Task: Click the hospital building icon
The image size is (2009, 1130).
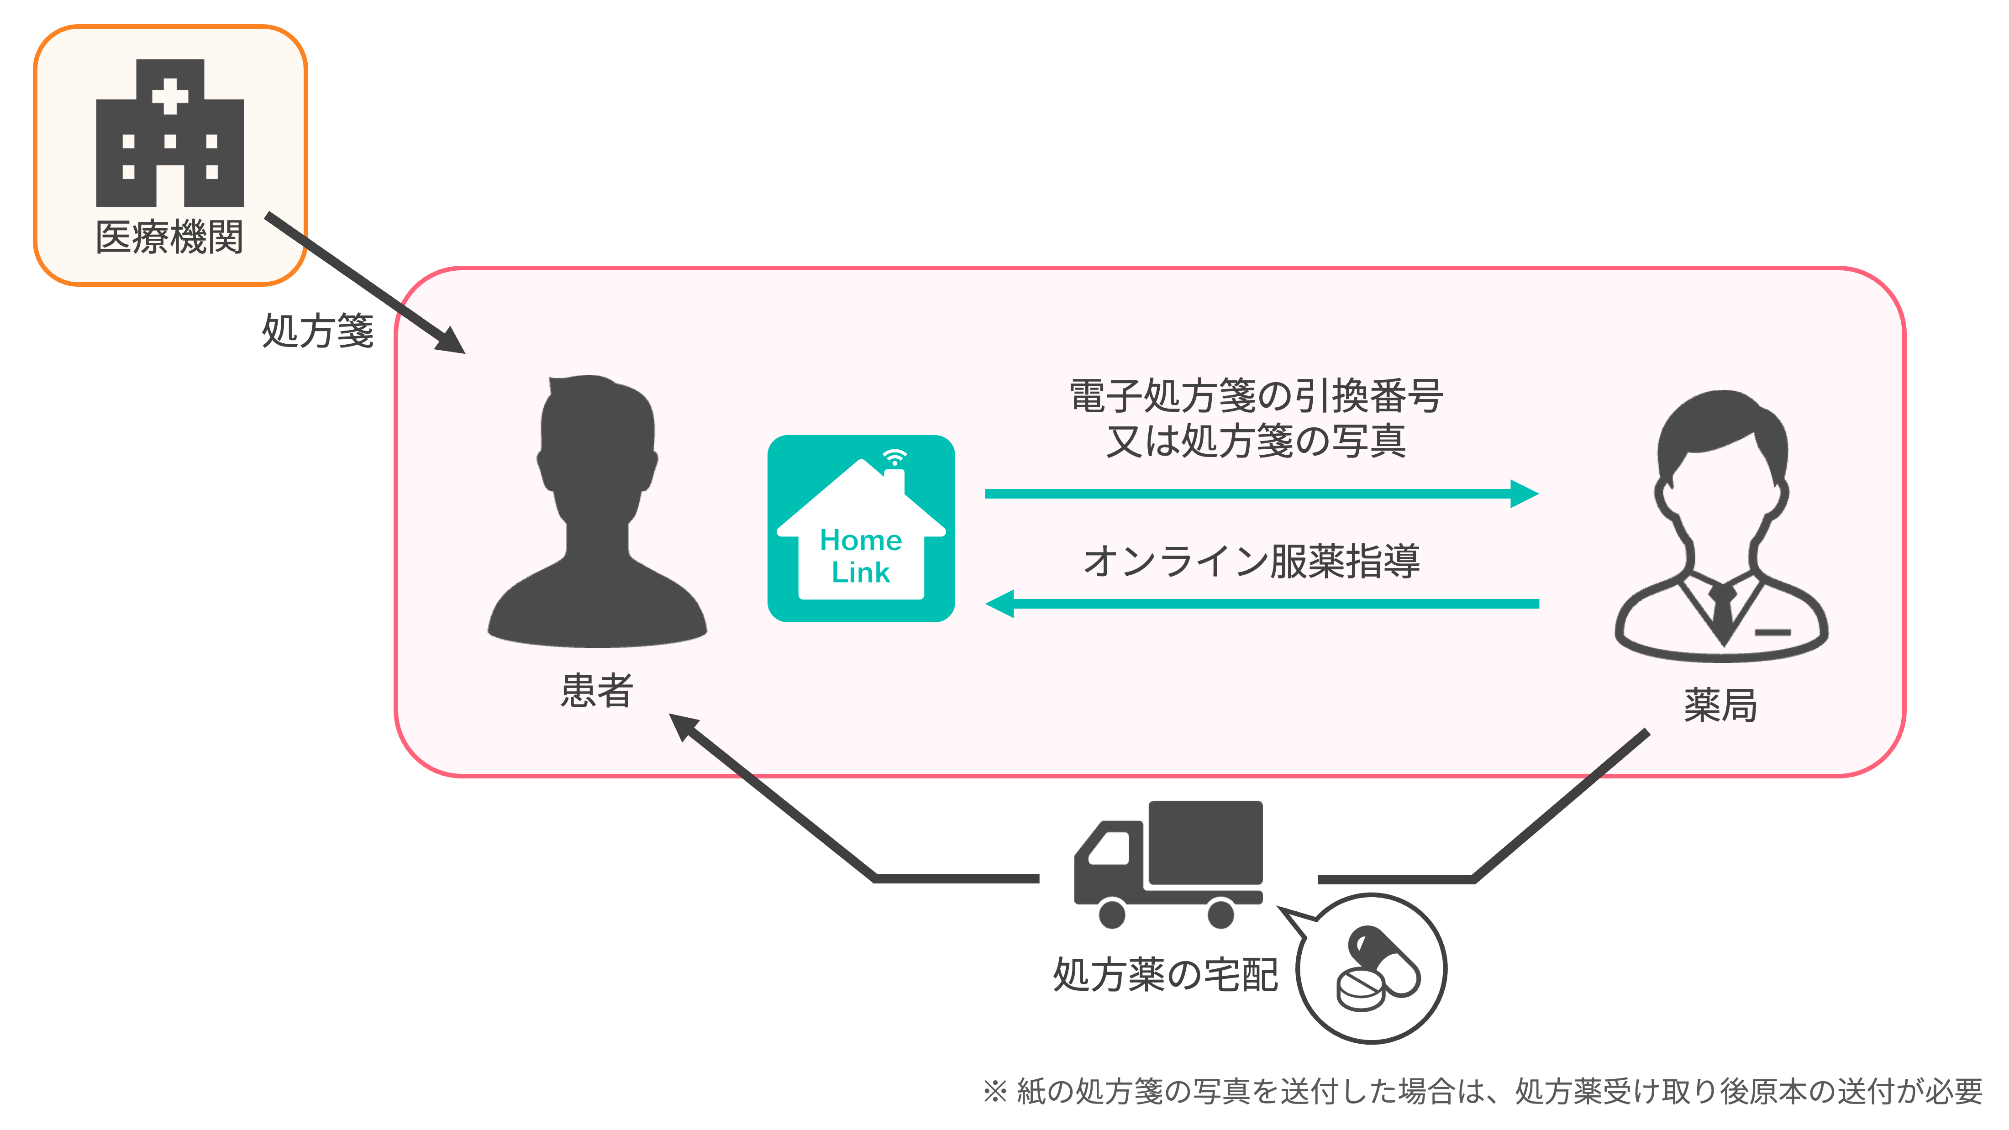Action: coord(170,133)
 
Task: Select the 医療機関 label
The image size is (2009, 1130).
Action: coord(169,237)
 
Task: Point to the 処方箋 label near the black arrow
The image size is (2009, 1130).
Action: coord(317,331)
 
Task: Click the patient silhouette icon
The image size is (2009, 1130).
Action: coord(597,511)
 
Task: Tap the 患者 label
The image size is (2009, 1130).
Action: coord(597,690)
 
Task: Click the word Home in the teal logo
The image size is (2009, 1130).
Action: coord(861,540)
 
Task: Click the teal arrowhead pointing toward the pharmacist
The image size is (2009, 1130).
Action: coord(1524,494)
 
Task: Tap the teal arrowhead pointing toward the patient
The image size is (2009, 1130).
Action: coord(1000,604)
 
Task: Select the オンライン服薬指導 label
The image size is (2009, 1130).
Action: coord(1252,561)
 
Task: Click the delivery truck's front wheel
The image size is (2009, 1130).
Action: coord(1112,913)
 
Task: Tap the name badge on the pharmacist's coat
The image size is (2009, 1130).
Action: coord(1772,632)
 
